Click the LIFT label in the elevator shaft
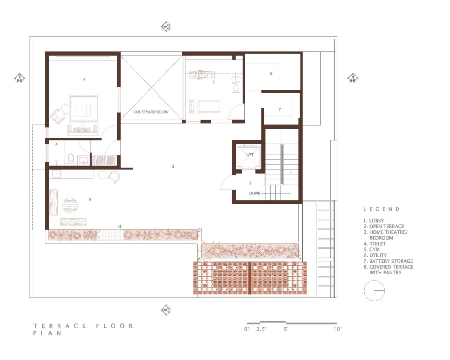pyautogui.click(x=250, y=155)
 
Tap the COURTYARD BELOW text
pyautogui.click(x=151, y=112)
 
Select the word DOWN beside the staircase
pyautogui.click(x=255, y=193)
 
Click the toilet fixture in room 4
pyautogui.click(x=71, y=159)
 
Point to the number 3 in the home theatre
pyautogui.click(x=84, y=80)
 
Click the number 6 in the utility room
pyautogui.click(x=271, y=73)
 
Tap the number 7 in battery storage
pyautogui.click(x=280, y=109)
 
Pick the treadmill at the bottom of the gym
pyautogui.click(x=204, y=105)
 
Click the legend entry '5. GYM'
pyautogui.click(x=372, y=250)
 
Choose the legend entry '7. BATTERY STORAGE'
pyautogui.click(x=388, y=261)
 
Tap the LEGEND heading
pyautogui.click(x=381, y=209)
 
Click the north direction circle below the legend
pyautogui.click(x=374, y=291)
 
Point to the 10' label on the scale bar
pyautogui.click(x=337, y=329)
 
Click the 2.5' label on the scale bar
pyautogui.click(x=262, y=329)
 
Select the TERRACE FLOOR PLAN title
pyautogui.click(x=83, y=329)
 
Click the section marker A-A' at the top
pyautogui.click(x=166, y=27)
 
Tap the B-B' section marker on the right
pyautogui.click(x=353, y=78)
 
